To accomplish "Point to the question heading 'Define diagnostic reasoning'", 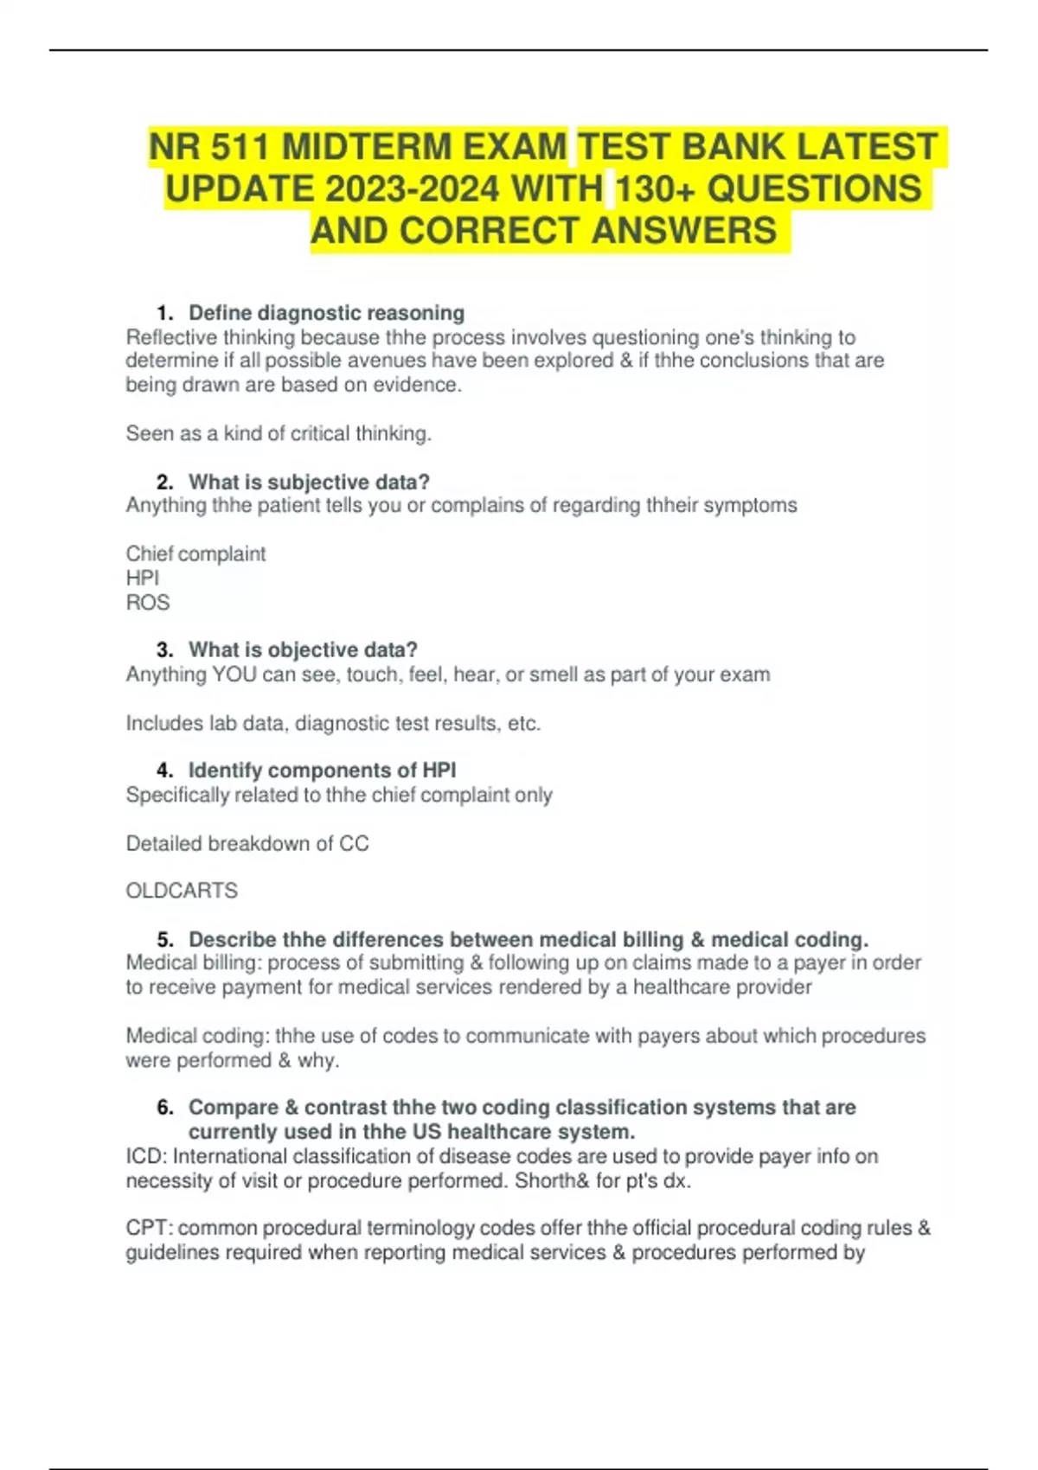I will coord(326,313).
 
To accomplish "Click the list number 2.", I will coord(163,482).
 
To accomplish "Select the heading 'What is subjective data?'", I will coord(309,482).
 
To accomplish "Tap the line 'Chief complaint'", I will coord(195,553).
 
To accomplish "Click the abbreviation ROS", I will coord(148,603).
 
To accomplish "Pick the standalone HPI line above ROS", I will coord(143,578).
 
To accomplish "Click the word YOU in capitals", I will coord(234,674).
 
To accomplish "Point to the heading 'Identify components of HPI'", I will coord(322,770).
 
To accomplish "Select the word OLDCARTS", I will coord(182,891).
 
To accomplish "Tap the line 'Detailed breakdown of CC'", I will coord(247,844).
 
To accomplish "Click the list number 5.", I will coord(163,939).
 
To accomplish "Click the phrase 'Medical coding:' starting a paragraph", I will coord(197,1036).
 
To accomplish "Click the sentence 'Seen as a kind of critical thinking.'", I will coord(279,433).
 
